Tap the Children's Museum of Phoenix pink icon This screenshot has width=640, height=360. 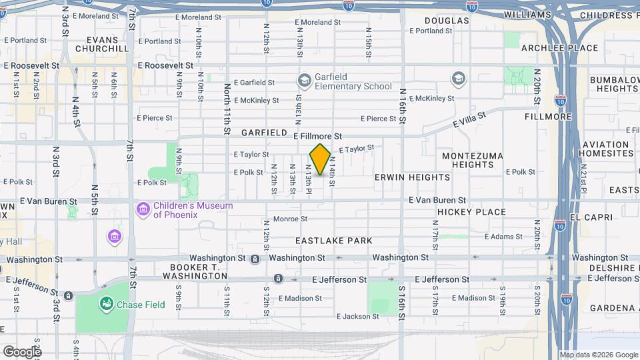tap(142, 210)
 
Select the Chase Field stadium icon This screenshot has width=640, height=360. tap(106, 304)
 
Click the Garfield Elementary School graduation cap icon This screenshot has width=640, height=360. tap(305, 81)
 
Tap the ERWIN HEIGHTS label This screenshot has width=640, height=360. tap(412, 177)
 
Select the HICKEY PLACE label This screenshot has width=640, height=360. tap(471, 212)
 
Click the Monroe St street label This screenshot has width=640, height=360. tap(290, 219)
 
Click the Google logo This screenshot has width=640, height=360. tap(22, 351)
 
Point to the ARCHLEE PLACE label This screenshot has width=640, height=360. tap(550, 48)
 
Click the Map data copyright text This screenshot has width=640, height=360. tap(598, 355)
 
